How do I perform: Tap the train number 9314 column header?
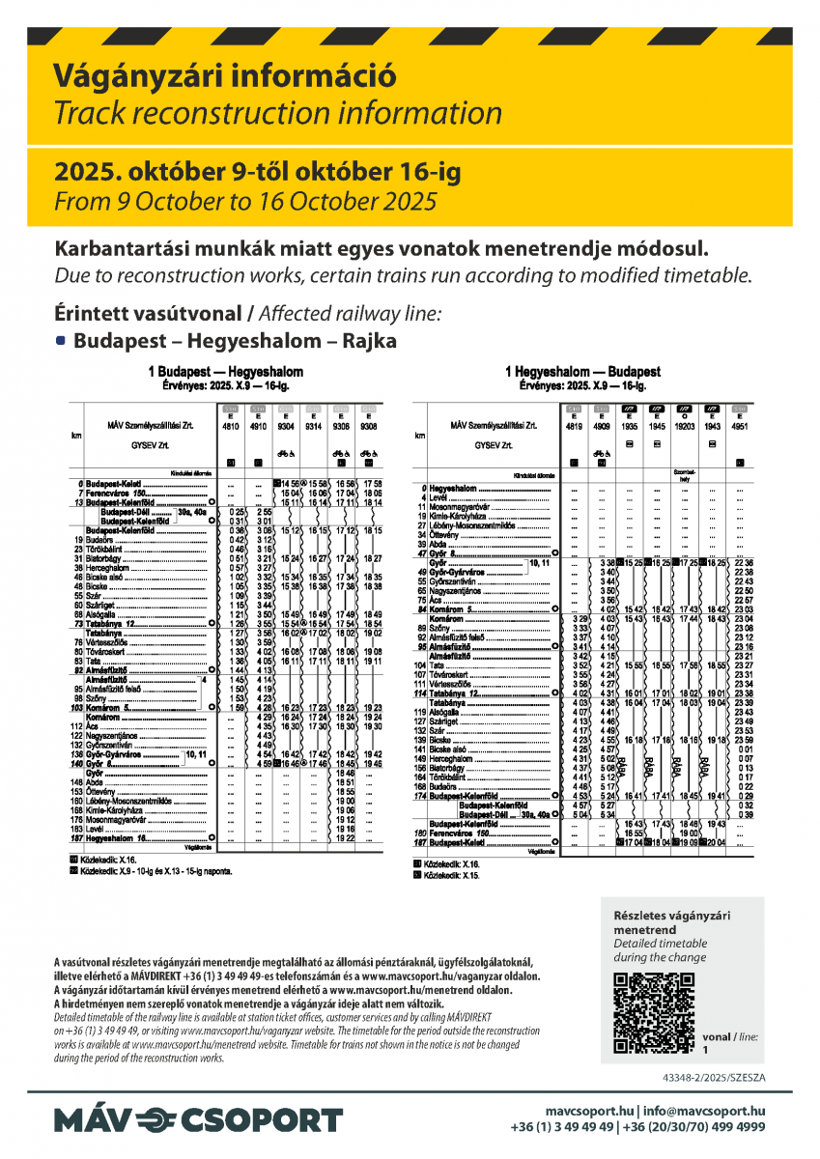(313, 425)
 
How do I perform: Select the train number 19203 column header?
(684, 425)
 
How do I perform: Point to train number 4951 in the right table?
(740, 425)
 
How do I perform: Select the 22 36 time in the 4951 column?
(743, 562)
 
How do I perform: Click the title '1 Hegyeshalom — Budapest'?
(582, 372)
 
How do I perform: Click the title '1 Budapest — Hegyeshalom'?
(225, 372)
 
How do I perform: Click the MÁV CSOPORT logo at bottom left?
(198, 1120)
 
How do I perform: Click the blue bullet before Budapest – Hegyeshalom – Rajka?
(62, 341)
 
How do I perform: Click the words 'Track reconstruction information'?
(278, 113)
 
